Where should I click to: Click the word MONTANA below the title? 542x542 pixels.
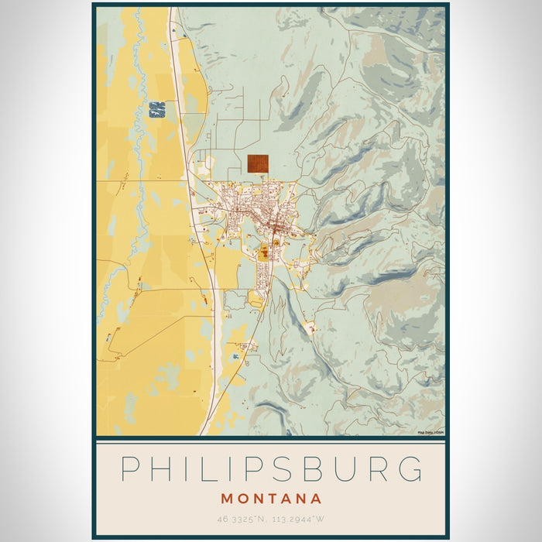click(271, 499)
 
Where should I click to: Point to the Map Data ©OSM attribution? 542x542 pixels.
click(430, 432)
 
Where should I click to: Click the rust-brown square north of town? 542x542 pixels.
click(258, 163)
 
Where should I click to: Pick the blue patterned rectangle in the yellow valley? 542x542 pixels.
click(157, 109)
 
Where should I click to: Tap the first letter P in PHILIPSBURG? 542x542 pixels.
click(130, 470)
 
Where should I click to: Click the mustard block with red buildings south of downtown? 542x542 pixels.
click(264, 252)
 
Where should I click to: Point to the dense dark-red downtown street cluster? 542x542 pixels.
click(273, 228)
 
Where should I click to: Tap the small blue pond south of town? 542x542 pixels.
click(235, 355)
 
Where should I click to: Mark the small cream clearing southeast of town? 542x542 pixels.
click(311, 328)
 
